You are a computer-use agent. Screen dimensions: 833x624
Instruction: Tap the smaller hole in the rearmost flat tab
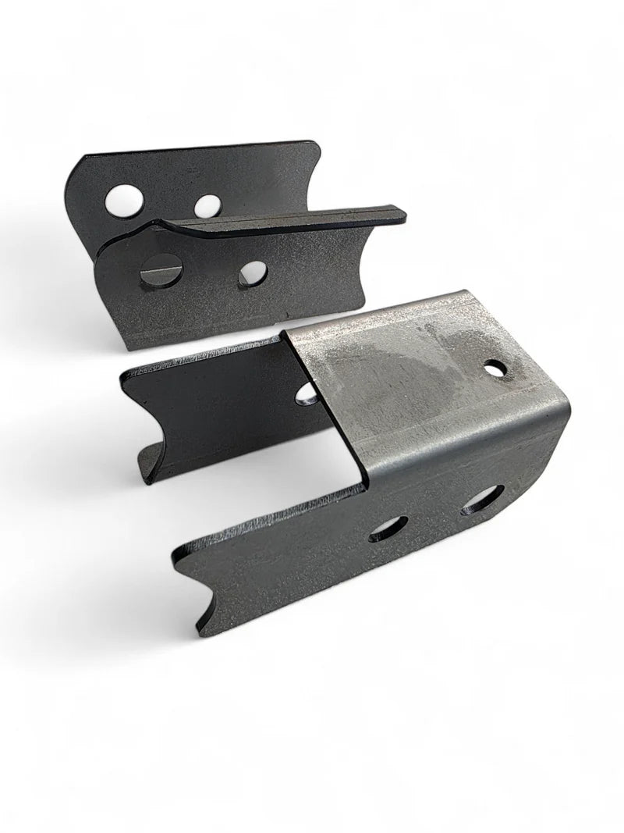click(x=207, y=205)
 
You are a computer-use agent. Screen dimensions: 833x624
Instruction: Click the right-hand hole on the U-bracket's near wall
click(x=483, y=500)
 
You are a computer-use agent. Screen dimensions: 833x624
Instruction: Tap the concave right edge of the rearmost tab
click(x=312, y=168)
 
